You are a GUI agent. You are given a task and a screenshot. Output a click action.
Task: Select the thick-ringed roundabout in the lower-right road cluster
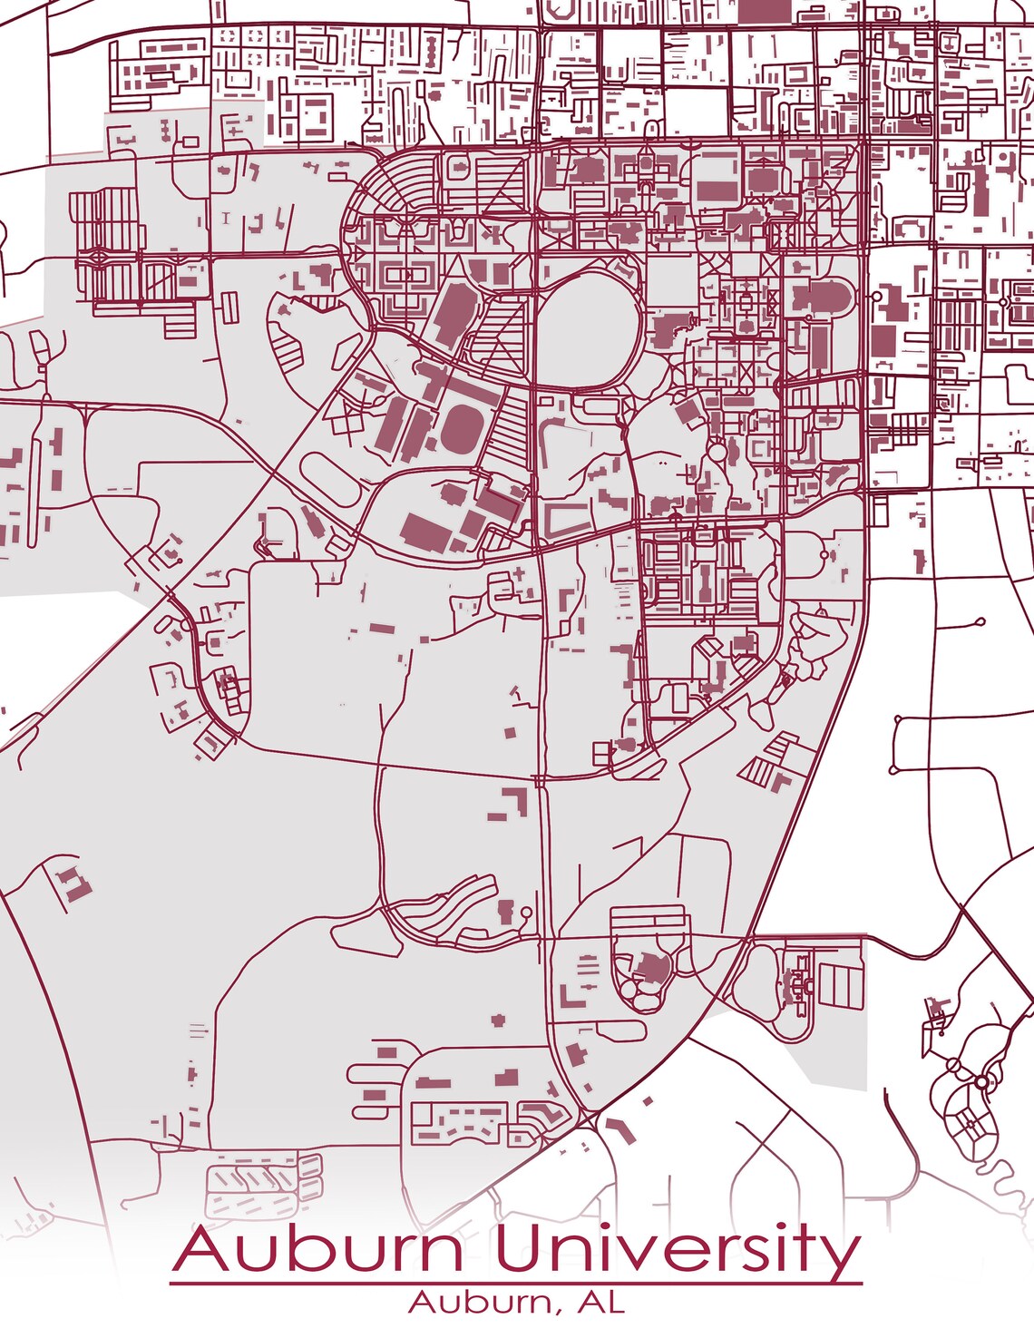point(981,1081)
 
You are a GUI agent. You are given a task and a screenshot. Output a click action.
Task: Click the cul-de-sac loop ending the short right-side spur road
point(980,622)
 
